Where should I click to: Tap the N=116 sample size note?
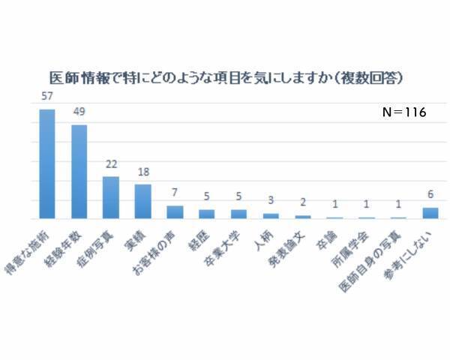403,112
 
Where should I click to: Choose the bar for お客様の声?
174,211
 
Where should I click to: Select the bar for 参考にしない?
430,213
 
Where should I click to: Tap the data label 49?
79,112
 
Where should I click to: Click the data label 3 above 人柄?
270,202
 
